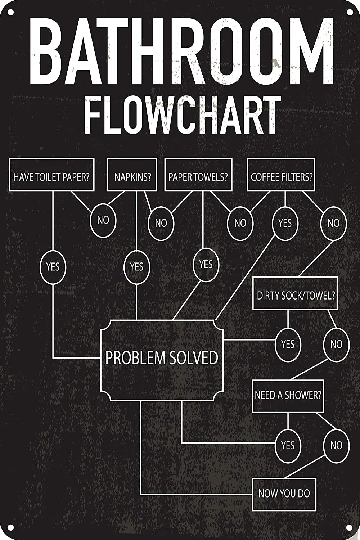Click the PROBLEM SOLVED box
[162, 358]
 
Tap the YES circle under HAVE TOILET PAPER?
[53, 267]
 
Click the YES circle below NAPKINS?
[136, 267]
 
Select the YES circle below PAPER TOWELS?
[206, 265]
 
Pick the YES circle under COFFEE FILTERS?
[285, 223]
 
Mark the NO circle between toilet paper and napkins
[103, 220]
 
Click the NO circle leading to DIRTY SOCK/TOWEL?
[333, 223]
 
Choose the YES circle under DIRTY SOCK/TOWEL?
[288, 345]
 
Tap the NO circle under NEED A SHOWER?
[336, 446]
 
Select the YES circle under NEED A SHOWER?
[288, 446]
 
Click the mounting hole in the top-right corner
[350, 13]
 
